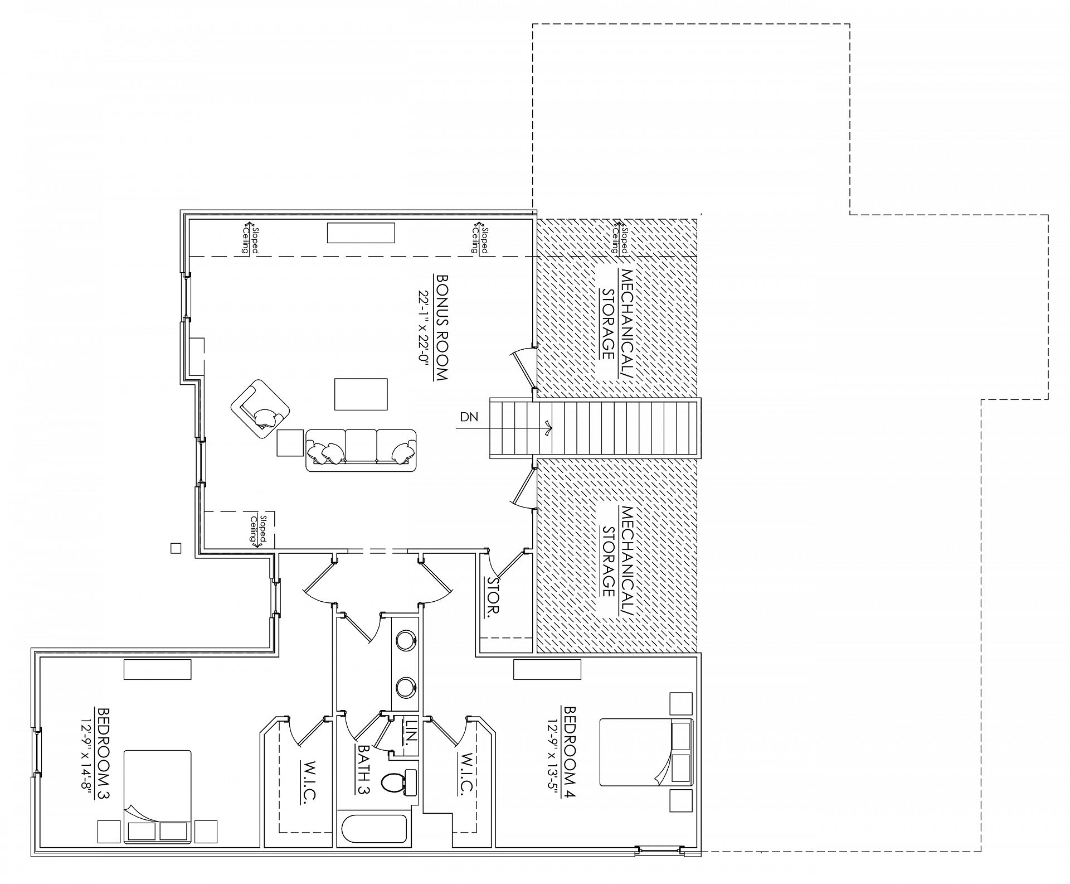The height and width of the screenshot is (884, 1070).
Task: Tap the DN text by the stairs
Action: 469,416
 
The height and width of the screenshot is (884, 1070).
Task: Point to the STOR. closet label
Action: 494,596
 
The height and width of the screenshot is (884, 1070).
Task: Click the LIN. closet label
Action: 411,732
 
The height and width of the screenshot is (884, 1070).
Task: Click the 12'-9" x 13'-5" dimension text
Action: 553,755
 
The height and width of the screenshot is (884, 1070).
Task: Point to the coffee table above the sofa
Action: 361,394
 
